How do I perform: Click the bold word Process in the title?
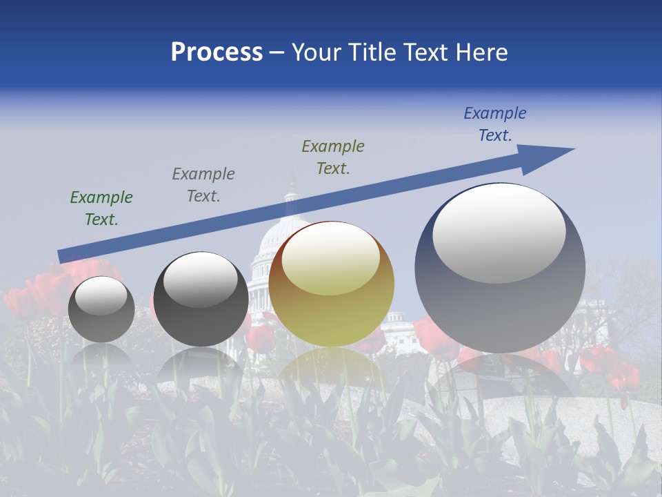[x=217, y=52]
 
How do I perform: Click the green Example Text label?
[x=101, y=208]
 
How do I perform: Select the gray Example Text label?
[x=203, y=185]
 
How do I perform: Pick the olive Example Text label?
[x=333, y=157]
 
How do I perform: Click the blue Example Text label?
[x=494, y=124]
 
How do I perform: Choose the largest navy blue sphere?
[x=500, y=304]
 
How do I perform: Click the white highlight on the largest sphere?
[x=499, y=233]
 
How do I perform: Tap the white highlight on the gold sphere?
[x=330, y=260]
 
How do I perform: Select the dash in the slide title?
[x=277, y=52]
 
